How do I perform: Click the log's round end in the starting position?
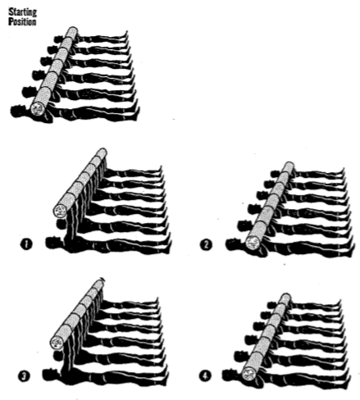click(38, 107)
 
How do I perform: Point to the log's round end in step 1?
click(59, 211)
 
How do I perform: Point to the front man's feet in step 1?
click(168, 239)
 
